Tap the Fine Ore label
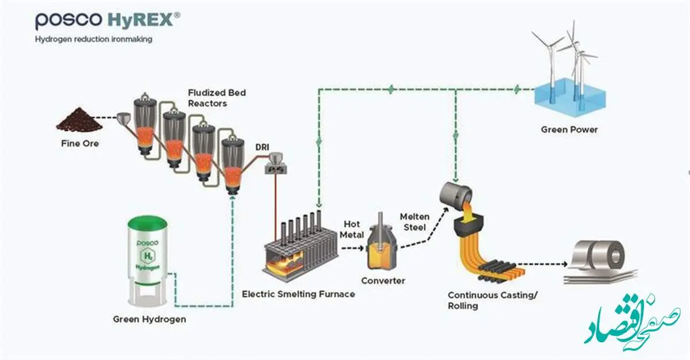pyautogui.click(x=80, y=144)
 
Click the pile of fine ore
pyautogui.click(x=79, y=119)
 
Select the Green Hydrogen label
pyautogui.click(x=149, y=319)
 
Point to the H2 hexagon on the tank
pyautogui.click(x=148, y=256)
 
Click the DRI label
pyautogui.click(x=262, y=147)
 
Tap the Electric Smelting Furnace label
pyautogui.click(x=298, y=294)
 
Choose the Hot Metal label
pyautogui.click(x=352, y=229)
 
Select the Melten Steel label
pyautogui.click(x=415, y=222)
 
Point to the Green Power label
pyautogui.click(x=569, y=129)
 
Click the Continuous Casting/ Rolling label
pyautogui.click(x=493, y=301)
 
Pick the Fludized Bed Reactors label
pyautogui.click(x=217, y=98)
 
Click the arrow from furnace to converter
pyautogui.click(x=352, y=248)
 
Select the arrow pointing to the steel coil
pyautogui.click(x=542, y=264)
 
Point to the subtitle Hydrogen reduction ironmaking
pyautogui.click(x=94, y=40)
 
